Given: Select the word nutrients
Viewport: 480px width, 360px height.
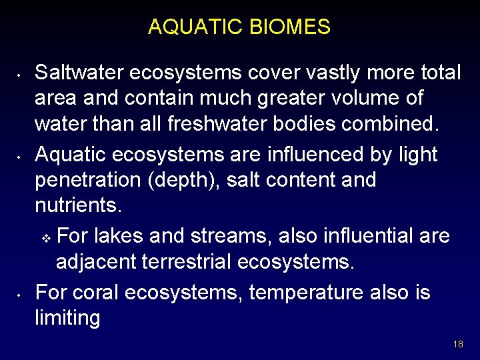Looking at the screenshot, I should click(78, 205).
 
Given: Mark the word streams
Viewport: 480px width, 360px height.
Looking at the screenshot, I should click(236, 237).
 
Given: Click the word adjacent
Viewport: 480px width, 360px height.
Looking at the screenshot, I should click(97, 262).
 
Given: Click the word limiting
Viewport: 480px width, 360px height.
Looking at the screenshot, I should click(67, 318).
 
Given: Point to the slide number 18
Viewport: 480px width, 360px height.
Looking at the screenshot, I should click(457, 345).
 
